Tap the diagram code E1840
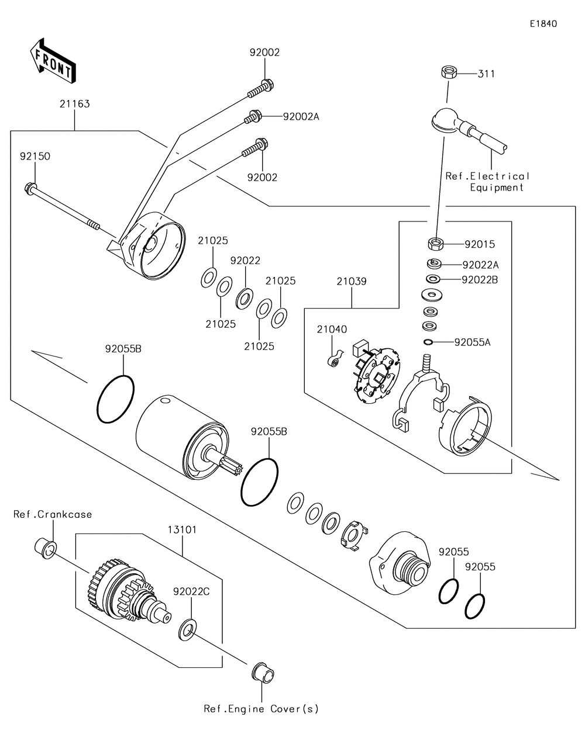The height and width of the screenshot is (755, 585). point(543,24)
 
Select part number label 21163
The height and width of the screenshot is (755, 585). point(74,104)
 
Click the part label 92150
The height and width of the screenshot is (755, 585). point(35,157)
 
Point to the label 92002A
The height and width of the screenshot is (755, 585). point(301,116)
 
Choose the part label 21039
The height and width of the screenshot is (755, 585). point(352,282)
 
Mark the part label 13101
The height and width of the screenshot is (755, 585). point(183,530)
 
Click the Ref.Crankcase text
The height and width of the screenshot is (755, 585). point(53,514)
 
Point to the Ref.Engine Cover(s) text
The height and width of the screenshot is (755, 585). point(261,709)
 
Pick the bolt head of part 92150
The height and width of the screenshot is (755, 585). point(29,188)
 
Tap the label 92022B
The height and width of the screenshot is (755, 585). point(480,280)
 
